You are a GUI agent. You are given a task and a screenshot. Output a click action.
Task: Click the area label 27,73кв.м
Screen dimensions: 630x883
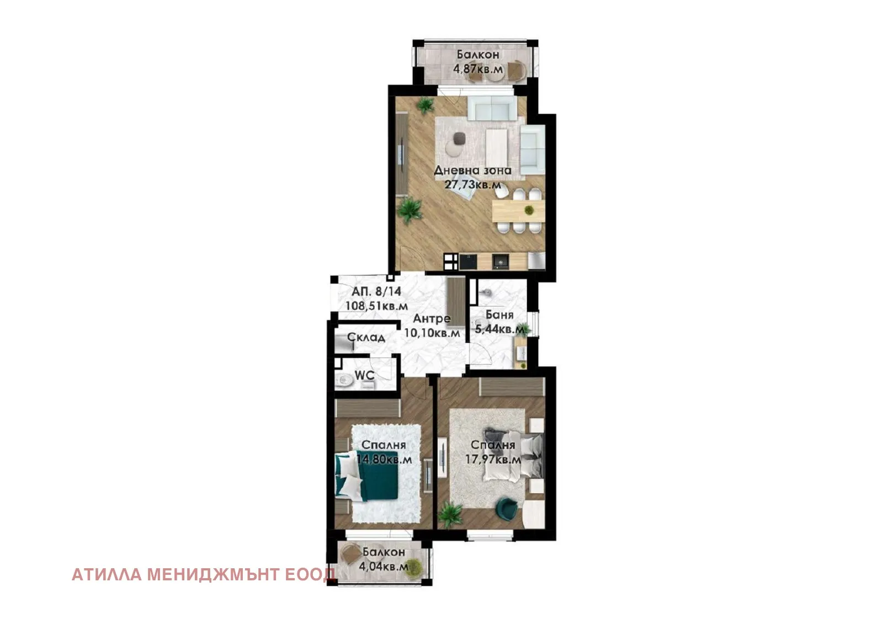coord(472,185)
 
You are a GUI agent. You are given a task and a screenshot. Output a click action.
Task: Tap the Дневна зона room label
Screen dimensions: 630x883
coord(472,170)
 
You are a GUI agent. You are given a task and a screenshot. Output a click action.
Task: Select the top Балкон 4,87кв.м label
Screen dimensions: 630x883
coord(478,62)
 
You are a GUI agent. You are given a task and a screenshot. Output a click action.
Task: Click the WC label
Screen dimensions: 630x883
coord(364,375)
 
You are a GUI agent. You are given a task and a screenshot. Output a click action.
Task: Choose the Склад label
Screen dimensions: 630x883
coord(366,337)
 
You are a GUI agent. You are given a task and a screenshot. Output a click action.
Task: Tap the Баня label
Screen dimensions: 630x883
coord(499,315)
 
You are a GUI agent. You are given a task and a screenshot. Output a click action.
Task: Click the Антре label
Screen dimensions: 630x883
coord(432,318)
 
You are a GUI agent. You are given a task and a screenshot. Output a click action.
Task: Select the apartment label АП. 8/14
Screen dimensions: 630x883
coord(376,291)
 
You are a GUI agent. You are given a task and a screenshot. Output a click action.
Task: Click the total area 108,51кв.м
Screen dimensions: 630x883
coord(376,305)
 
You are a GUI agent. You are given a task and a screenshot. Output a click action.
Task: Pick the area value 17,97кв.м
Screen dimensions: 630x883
coord(493,459)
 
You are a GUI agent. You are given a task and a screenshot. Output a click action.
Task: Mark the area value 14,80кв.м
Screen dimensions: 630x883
coord(384,459)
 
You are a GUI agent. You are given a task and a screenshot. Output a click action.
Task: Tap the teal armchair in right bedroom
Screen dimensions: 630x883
coord(506,509)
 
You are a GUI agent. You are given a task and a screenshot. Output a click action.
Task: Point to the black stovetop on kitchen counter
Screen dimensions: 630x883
coord(468,261)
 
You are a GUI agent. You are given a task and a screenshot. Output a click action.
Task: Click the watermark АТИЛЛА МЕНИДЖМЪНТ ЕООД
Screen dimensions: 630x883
coord(204,575)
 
